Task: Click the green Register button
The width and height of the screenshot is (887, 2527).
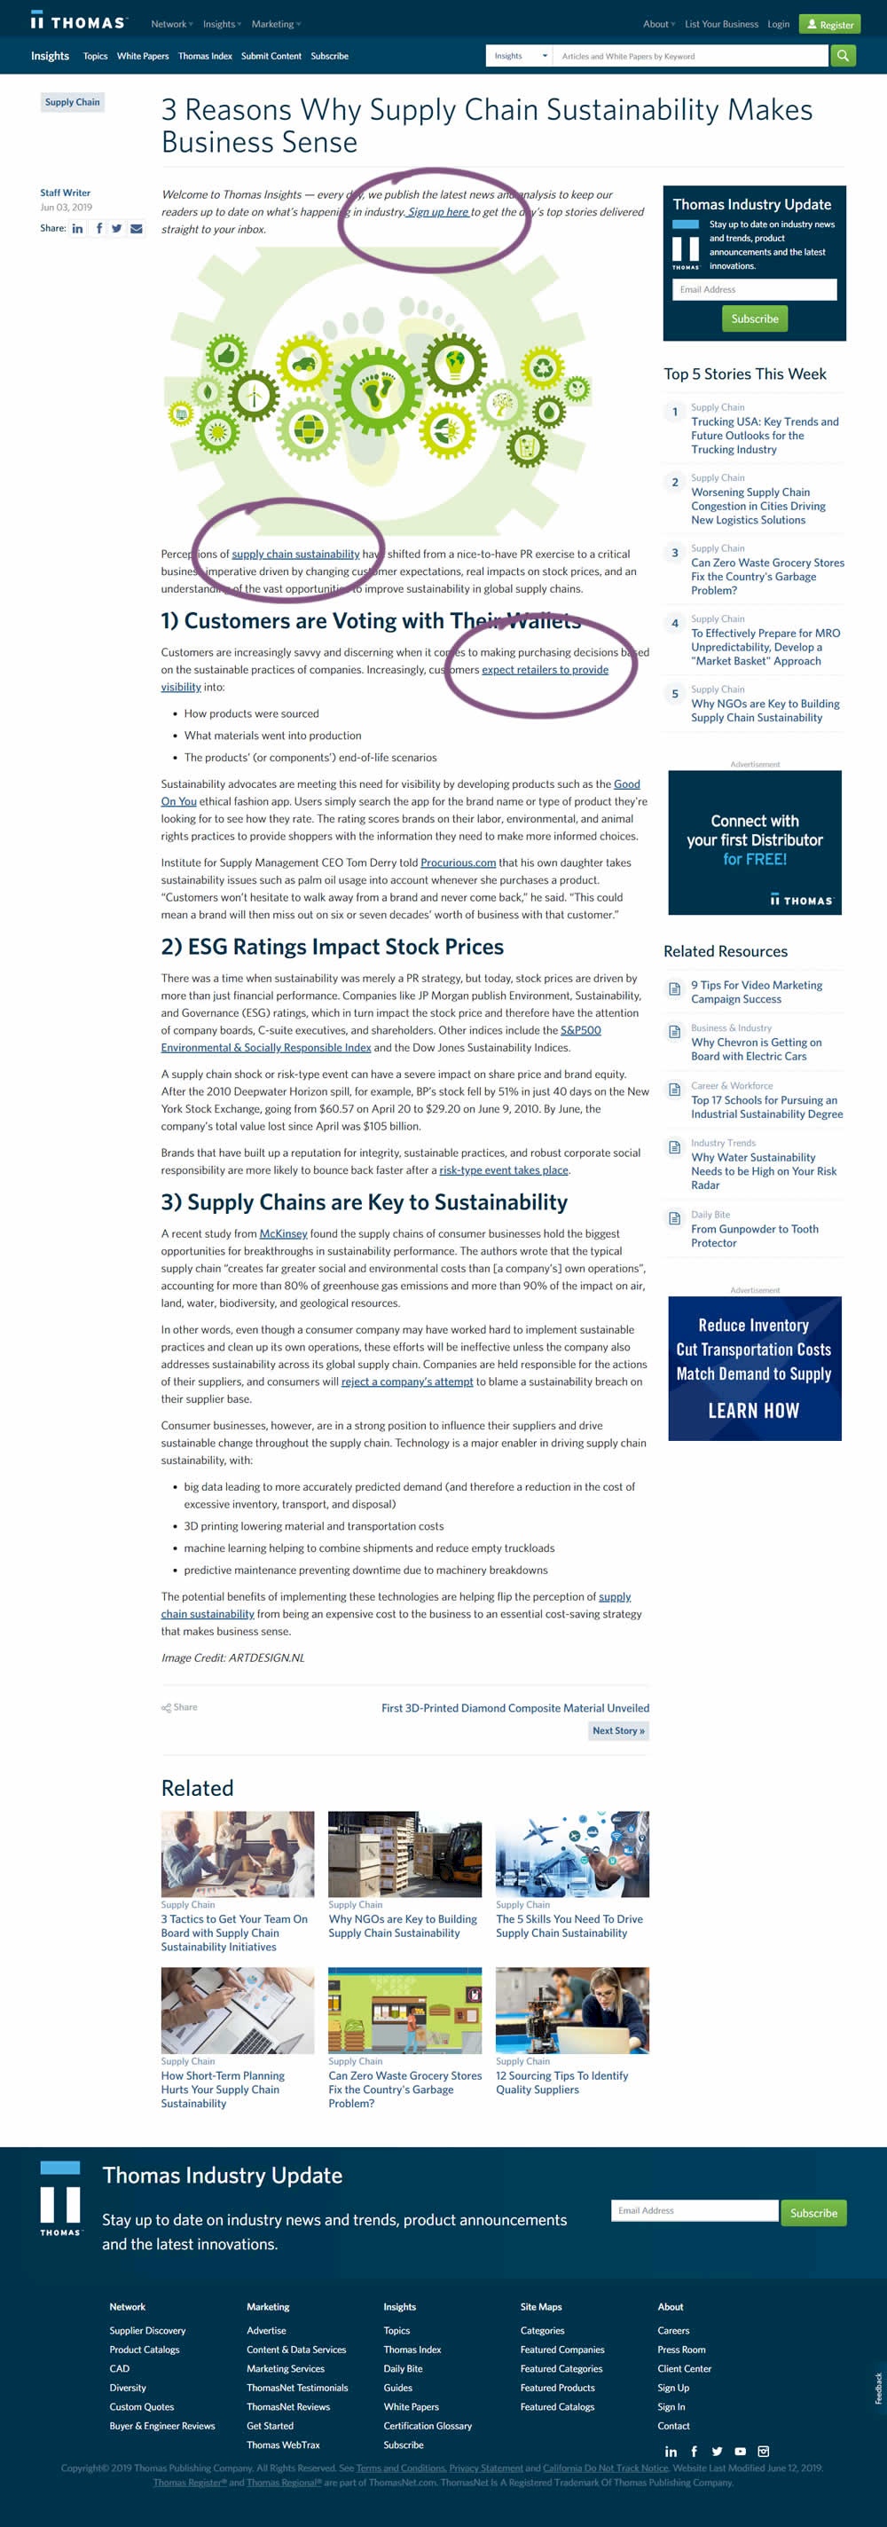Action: [829, 25]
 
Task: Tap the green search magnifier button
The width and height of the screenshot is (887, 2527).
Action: [843, 56]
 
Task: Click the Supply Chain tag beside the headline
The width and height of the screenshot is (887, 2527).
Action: [72, 102]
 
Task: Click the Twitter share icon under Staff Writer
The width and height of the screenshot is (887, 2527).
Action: [117, 229]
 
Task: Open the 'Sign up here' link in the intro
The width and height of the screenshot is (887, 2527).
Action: [437, 212]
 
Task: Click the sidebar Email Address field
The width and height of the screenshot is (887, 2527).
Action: [754, 289]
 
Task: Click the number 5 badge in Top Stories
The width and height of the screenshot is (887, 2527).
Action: [674, 695]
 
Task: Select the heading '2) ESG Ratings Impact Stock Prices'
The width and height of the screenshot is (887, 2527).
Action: [332, 947]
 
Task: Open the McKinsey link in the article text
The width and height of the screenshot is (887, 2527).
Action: [283, 1233]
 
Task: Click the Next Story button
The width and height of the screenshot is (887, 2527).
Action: [618, 1730]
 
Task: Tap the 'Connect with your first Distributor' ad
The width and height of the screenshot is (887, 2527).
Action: [755, 842]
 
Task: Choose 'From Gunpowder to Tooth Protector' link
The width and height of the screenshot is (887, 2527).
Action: [754, 1235]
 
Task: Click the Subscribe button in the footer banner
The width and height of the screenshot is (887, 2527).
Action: [813, 2212]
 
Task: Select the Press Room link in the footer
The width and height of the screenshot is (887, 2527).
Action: [681, 2350]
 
